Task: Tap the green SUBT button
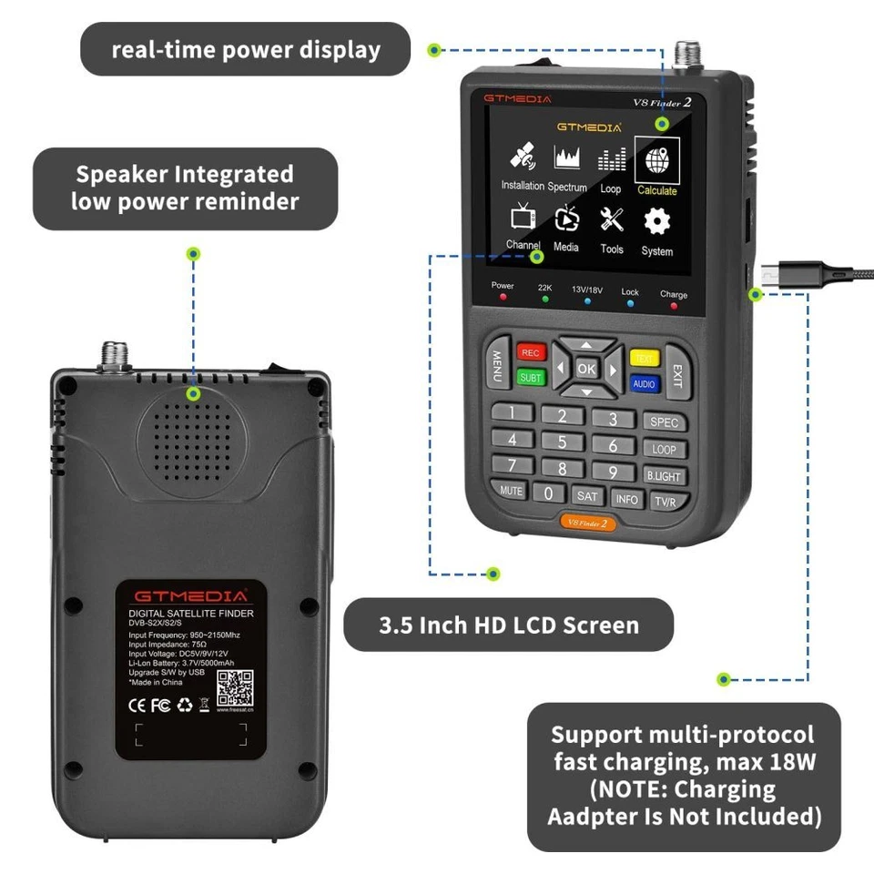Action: click(x=531, y=377)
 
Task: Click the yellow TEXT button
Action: click(x=644, y=358)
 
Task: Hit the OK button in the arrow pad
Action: click(x=586, y=369)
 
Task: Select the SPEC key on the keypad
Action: click(x=665, y=422)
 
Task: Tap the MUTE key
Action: click(x=512, y=490)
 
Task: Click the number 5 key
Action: click(x=563, y=443)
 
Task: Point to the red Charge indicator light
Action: click(x=674, y=306)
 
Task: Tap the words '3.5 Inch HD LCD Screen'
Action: click(x=508, y=625)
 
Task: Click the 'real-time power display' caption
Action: click(x=246, y=49)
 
